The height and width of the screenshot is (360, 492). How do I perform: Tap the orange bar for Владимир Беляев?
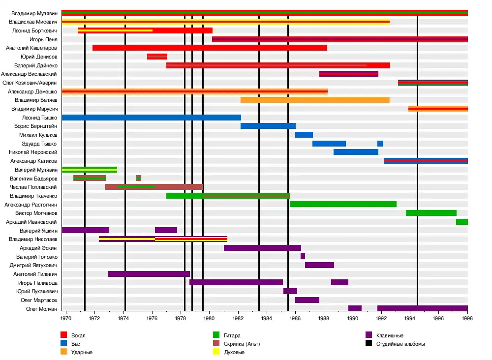point(315,100)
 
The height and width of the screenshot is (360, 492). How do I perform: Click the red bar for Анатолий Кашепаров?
point(210,48)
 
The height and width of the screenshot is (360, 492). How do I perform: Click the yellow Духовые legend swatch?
point(216,352)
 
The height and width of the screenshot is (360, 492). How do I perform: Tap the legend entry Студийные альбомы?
point(400,344)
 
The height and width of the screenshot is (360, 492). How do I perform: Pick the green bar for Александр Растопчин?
point(343,204)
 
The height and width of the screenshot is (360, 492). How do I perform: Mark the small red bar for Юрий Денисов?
point(157,57)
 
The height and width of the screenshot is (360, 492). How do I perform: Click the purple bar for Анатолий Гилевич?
point(149,274)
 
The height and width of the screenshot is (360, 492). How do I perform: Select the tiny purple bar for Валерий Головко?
point(303,256)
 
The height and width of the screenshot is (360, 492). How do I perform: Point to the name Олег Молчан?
point(42,309)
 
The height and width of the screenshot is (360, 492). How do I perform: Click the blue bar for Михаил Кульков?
point(304,135)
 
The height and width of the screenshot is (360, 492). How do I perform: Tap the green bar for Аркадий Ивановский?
point(461,222)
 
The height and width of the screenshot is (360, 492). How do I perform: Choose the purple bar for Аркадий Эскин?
point(262,248)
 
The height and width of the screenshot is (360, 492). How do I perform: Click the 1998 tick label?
point(467,318)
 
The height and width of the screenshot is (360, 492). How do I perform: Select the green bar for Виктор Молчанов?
point(431,213)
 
